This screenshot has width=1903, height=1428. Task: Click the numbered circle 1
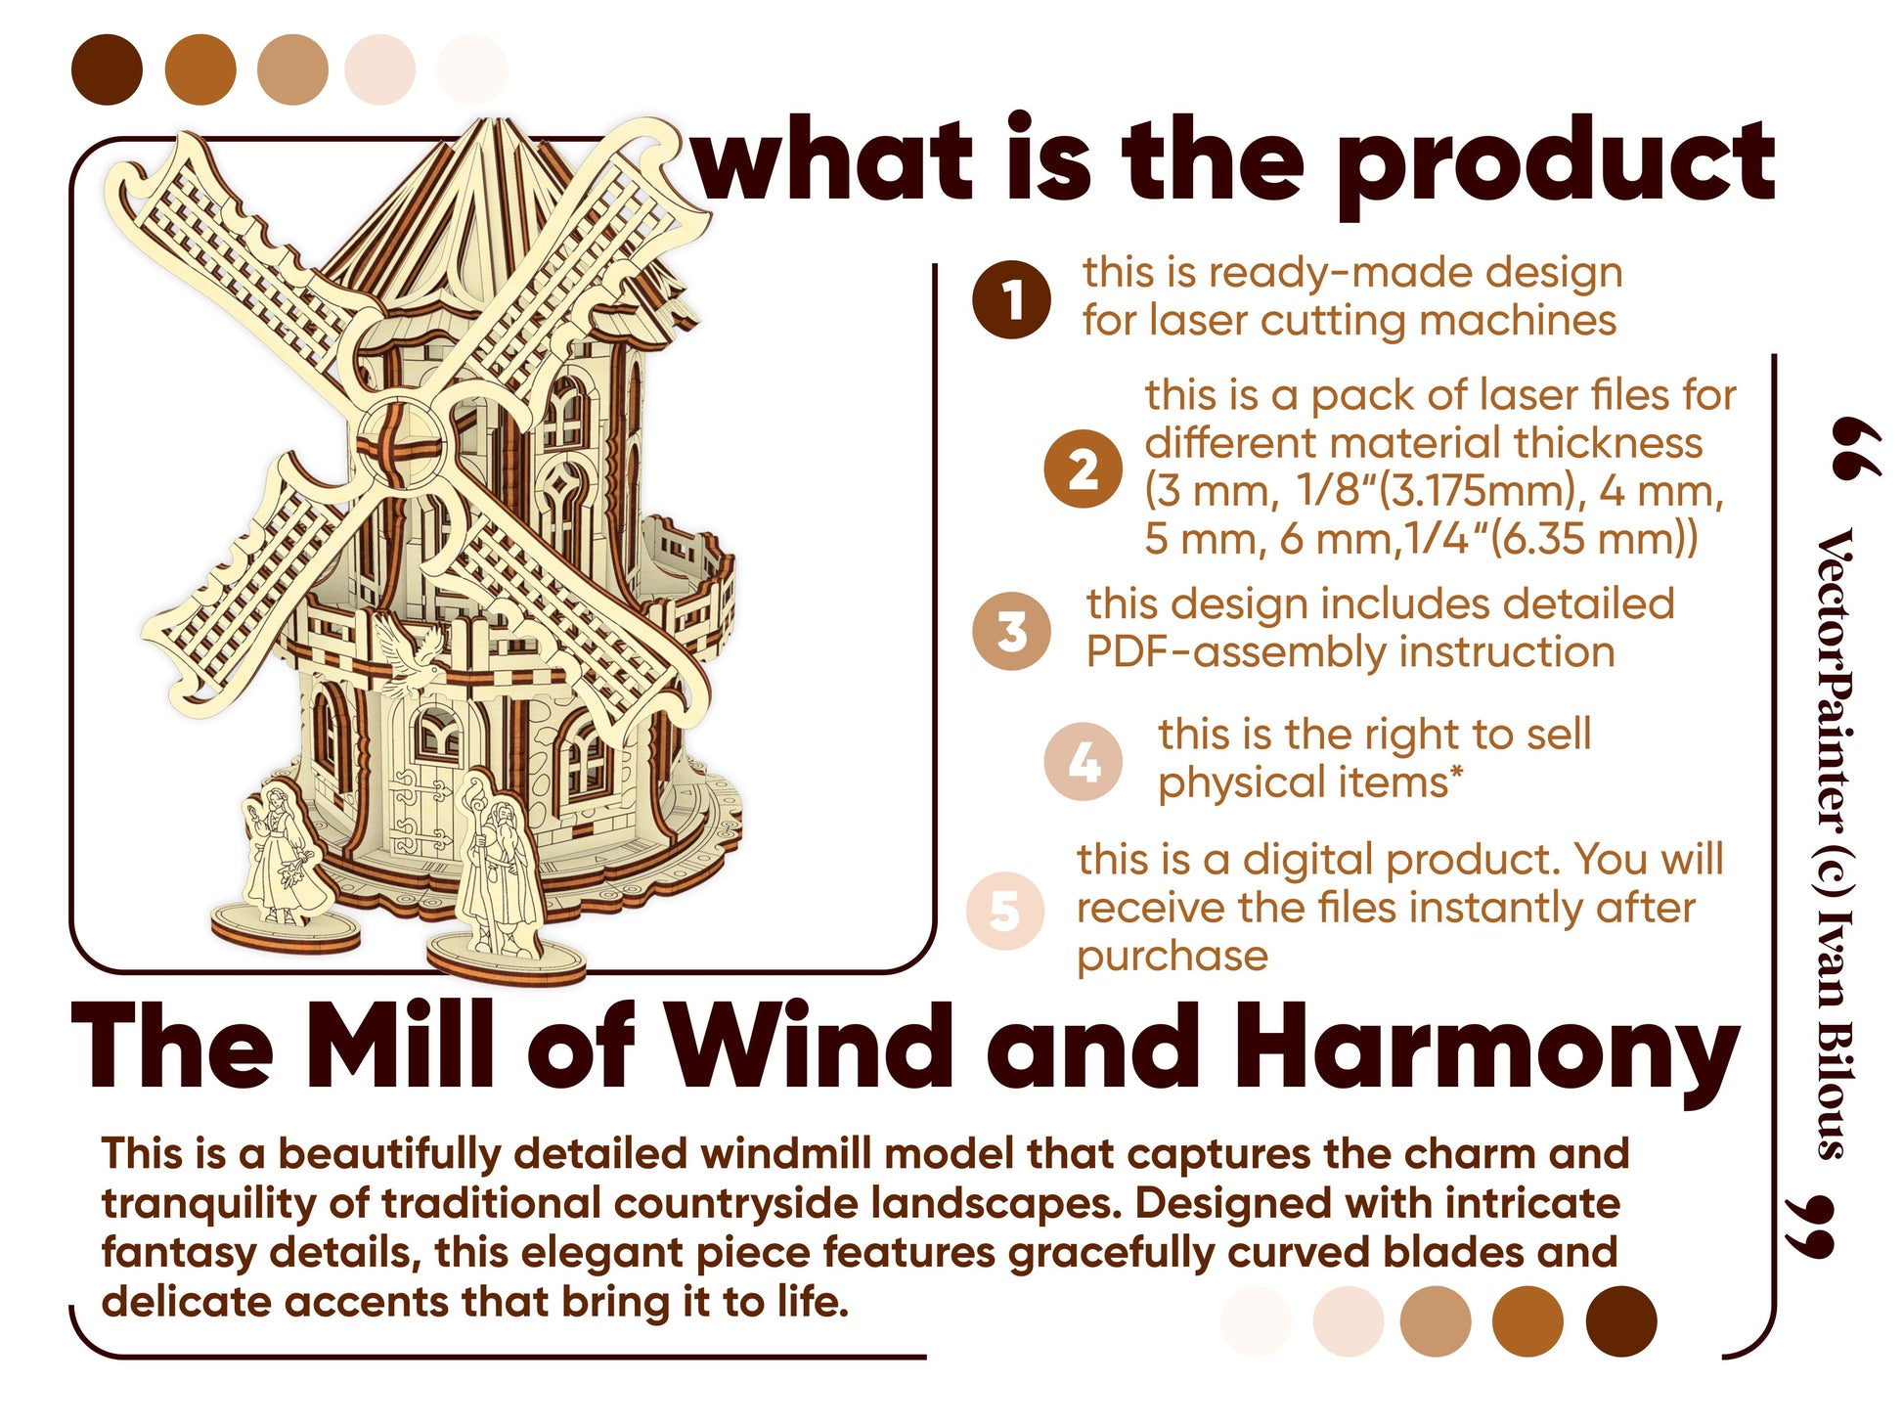click(1011, 299)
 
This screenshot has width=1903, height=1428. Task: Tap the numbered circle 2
click(1083, 469)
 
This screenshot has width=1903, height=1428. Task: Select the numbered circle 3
click(1011, 631)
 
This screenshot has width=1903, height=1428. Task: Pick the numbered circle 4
click(1083, 761)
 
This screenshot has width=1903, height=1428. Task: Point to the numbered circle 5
click(1005, 910)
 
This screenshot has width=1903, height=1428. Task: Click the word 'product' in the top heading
click(1555, 164)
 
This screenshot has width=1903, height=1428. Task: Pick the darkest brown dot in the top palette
click(108, 69)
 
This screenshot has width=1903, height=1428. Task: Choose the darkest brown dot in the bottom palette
click(1620, 1321)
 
